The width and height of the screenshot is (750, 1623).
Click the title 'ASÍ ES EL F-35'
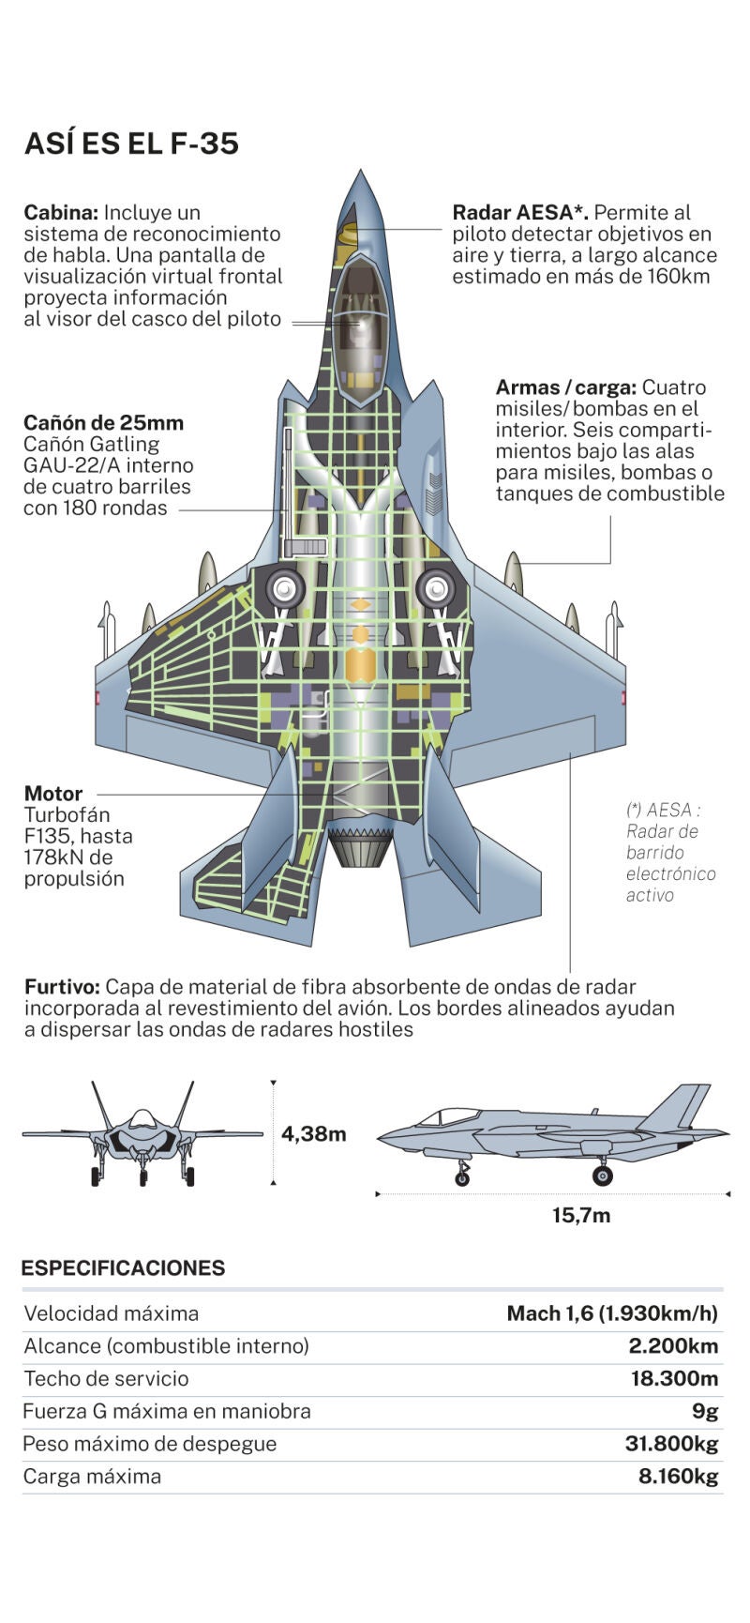tap(131, 144)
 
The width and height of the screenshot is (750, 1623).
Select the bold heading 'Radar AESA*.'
tap(520, 213)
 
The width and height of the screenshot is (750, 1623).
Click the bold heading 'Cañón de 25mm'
tap(103, 422)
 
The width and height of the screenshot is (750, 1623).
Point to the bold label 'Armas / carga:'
tap(565, 387)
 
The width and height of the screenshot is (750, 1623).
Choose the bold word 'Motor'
tap(53, 794)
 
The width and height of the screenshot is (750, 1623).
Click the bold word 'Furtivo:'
tap(62, 987)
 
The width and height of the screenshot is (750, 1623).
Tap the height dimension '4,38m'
tap(313, 1133)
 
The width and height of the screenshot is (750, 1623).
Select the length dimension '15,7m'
tap(580, 1216)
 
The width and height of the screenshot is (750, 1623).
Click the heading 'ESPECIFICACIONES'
tap(123, 1268)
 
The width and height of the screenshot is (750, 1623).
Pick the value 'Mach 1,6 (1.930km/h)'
tap(612, 1313)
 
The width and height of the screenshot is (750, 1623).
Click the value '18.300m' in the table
tap(673, 1378)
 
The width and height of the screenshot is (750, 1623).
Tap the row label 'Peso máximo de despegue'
tap(149, 1444)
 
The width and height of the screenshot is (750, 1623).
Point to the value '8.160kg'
tap(678, 1477)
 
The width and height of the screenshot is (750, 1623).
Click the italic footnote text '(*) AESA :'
tap(663, 810)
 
